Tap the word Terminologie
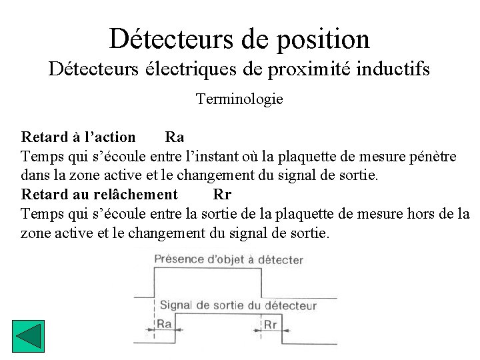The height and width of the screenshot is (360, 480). click(x=239, y=99)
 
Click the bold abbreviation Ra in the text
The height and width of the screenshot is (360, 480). click(x=175, y=137)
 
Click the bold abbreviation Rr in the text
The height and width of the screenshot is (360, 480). click(x=222, y=195)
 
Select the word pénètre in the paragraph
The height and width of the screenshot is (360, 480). click(x=433, y=157)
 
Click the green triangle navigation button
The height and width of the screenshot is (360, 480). click(x=28, y=337)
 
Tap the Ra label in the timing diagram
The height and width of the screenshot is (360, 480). click(x=164, y=325)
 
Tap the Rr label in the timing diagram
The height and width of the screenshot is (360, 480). click(x=271, y=325)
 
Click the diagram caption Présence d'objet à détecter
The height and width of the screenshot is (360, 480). click(x=229, y=260)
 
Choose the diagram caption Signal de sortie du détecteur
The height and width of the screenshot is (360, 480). click(x=238, y=306)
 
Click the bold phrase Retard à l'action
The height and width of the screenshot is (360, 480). click(x=79, y=137)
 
